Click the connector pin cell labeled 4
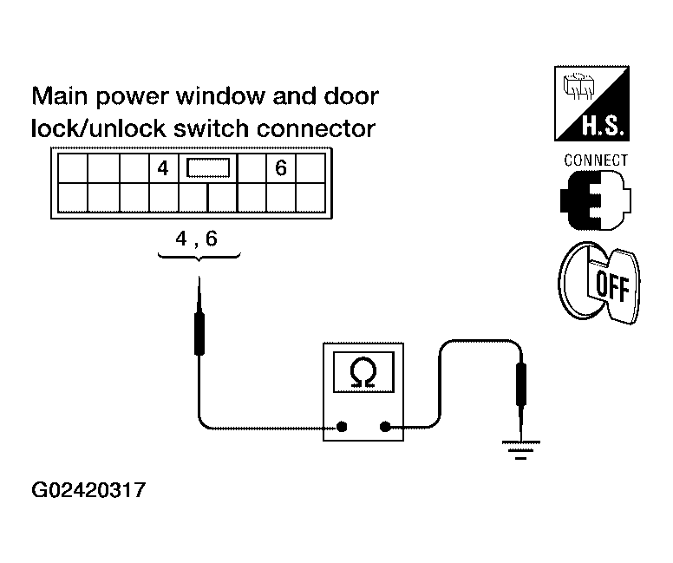163,168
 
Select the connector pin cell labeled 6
281,168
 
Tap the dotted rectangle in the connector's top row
208,168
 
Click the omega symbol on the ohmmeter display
363,372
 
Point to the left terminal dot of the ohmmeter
342,427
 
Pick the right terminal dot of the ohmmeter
385,427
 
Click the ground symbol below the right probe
521,449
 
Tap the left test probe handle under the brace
199,333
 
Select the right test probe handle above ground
521,384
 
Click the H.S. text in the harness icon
603,126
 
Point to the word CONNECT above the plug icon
596,160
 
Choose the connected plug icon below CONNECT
595,200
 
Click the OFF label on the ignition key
612,286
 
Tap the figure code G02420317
88,490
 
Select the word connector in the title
316,128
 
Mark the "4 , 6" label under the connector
197,239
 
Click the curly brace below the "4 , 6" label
199,258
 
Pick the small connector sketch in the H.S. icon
578,86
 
